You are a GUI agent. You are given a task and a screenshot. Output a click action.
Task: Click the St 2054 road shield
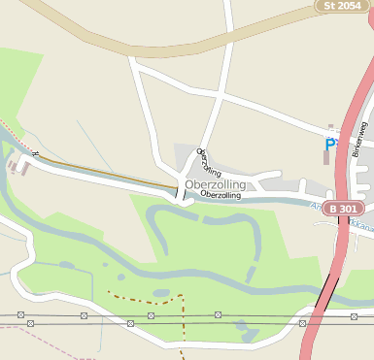(x=343, y=6)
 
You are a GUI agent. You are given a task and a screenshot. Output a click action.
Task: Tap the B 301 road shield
(x=345, y=209)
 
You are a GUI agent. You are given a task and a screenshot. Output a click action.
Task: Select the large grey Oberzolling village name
(x=215, y=184)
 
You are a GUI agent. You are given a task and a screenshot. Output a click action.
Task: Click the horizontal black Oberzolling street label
(x=221, y=195)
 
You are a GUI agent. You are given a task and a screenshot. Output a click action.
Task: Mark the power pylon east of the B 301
(x=352, y=316)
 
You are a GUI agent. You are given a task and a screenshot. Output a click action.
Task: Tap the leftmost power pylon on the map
(x=19, y=315)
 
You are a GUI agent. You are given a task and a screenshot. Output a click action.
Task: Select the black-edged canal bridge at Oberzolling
(x=179, y=193)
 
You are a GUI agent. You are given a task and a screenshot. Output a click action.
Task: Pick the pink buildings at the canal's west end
(x=17, y=166)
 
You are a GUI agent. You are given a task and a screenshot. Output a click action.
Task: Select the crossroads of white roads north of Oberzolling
(x=222, y=98)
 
